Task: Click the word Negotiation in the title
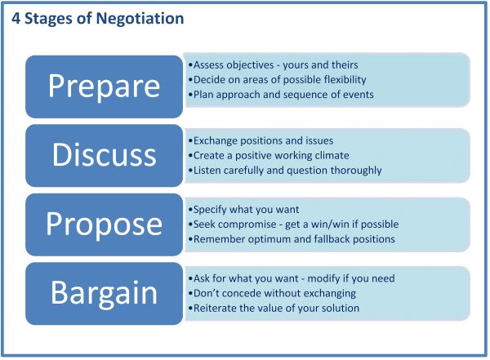pos(140,19)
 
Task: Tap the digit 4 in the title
pos(16,19)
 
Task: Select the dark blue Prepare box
pos(104,87)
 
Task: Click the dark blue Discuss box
pos(104,156)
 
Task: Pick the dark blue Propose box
pos(104,224)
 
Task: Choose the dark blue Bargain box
pos(104,293)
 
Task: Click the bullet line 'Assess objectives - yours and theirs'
pos(273,65)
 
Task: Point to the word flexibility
pos(345,80)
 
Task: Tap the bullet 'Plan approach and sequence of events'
pos(281,95)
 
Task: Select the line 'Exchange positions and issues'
pos(261,141)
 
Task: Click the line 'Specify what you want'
pos(243,210)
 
